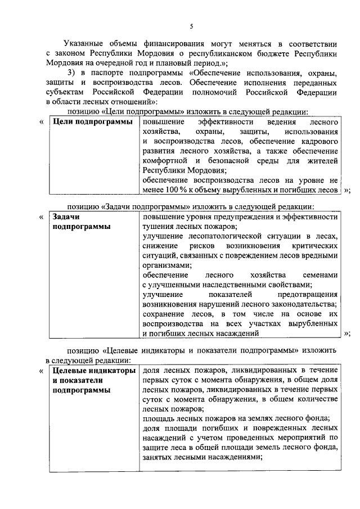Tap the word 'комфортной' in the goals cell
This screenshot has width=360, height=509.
pos(163,161)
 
